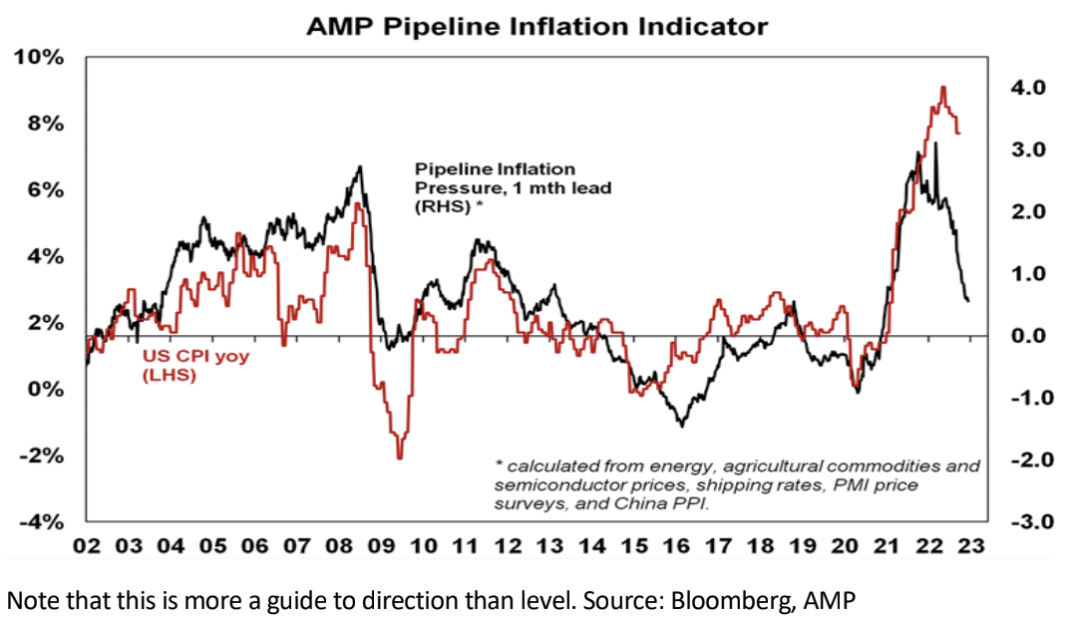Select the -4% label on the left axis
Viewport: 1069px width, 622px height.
41,521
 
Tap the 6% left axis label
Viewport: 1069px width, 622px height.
46,189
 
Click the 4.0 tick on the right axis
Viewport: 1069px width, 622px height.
1028,88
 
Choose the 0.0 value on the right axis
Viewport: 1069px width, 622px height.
1028,336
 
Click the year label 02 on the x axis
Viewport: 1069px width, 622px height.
87,546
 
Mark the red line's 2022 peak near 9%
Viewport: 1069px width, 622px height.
942,88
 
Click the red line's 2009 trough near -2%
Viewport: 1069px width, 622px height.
399,457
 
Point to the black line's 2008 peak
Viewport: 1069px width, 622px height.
359,167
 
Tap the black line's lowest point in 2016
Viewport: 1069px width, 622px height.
681,426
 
